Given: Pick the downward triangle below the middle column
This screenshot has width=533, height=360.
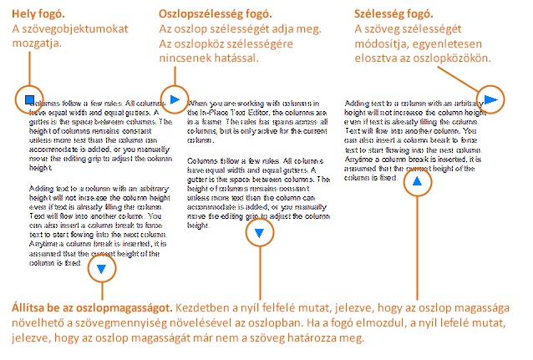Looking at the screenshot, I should point(260,233).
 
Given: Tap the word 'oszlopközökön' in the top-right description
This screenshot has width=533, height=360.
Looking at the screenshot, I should point(450,59).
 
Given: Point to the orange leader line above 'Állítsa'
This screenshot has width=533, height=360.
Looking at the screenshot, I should point(102,290).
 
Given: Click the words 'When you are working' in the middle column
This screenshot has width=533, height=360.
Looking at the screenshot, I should point(220,104).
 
